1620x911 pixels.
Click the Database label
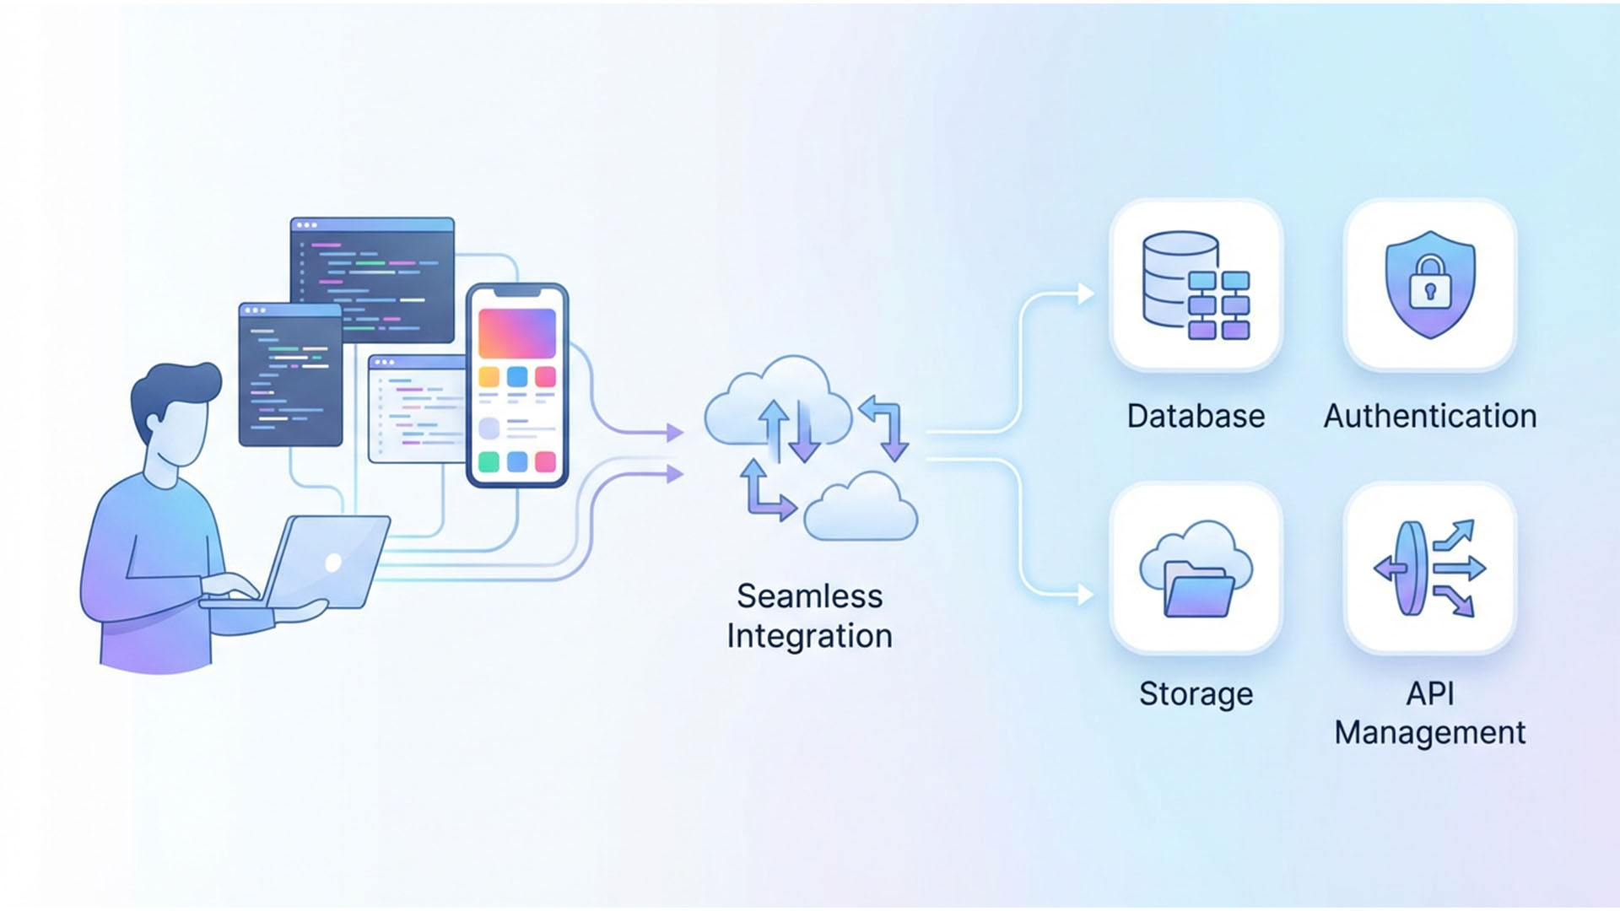point(1196,416)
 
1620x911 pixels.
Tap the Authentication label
point(1429,416)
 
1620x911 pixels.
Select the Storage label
point(1196,693)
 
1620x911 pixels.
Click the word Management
point(1429,732)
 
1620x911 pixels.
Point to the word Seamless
point(809,596)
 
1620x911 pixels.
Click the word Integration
point(809,636)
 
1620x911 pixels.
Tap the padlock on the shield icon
point(1429,283)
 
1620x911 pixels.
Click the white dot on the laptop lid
point(333,562)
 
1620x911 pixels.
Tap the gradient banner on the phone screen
point(516,332)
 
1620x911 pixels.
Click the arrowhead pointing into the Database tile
point(1086,294)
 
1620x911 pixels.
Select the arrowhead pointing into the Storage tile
point(1086,595)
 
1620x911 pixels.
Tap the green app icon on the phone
point(489,461)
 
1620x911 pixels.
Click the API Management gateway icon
point(1429,568)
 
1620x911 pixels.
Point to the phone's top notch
point(516,292)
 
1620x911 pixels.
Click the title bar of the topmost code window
point(372,225)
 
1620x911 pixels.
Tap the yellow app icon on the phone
point(489,376)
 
